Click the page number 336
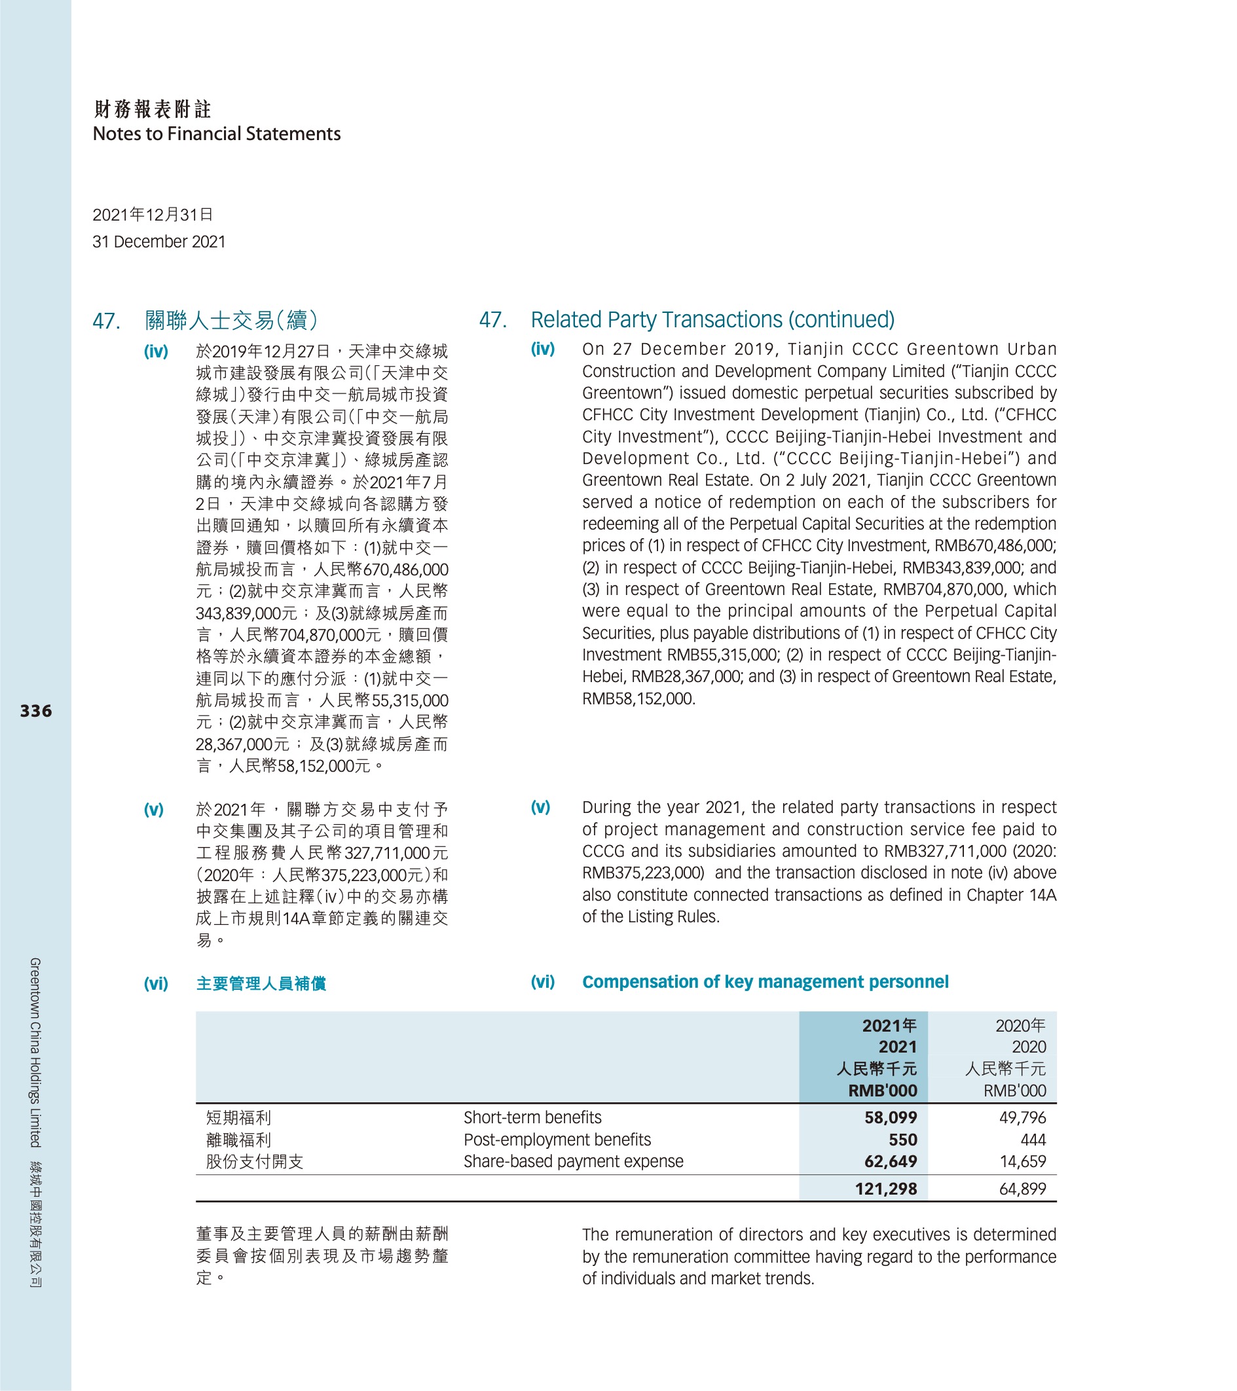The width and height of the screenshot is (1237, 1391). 35,711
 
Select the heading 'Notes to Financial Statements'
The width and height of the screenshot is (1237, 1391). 217,134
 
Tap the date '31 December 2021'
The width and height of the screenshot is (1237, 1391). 158,242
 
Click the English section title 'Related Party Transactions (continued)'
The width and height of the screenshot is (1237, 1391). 712,319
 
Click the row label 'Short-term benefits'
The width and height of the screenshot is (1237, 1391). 532,1117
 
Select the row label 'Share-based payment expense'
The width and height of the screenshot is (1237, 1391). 573,1162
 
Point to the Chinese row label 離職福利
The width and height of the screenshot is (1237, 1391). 238,1140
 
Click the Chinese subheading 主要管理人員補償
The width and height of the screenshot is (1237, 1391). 261,984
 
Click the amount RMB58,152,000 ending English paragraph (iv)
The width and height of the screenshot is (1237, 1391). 638,699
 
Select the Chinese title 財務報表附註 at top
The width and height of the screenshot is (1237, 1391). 153,109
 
